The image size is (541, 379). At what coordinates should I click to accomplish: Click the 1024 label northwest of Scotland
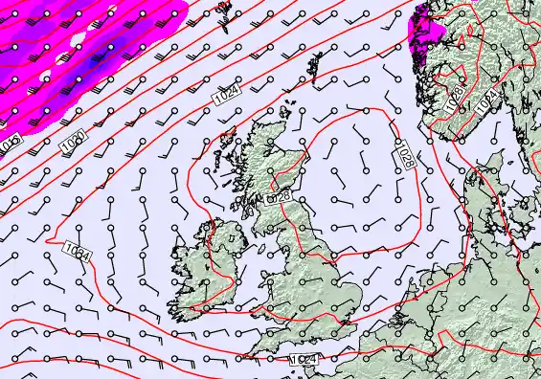pyautogui.click(x=227, y=96)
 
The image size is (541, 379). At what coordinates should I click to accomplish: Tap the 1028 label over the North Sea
pyautogui.click(x=406, y=157)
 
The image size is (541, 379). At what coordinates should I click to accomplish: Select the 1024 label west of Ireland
pyautogui.click(x=79, y=253)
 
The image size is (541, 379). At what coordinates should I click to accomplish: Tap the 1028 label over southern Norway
pyautogui.click(x=456, y=98)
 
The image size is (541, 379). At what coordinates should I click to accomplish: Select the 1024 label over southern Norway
pyautogui.click(x=488, y=100)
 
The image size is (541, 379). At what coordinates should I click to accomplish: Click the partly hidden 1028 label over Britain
pyautogui.click(x=279, y=196)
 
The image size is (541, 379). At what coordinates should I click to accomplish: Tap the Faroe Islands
pyautogui.click(x=225, y=9)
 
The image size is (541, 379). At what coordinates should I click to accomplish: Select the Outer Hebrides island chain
pyautogui.click(x=226, y=150)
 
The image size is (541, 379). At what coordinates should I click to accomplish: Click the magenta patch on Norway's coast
pyautogui.click(x=424, y=29)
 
